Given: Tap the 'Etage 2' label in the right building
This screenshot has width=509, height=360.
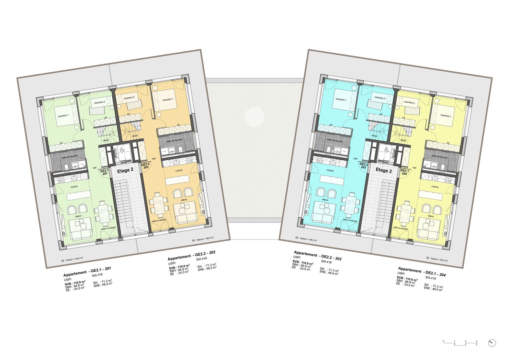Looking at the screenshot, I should click(x=383, y=170).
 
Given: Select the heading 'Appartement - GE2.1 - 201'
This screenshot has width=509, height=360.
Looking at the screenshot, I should click(x=87, y=272).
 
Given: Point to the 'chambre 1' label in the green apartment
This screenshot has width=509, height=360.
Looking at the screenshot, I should click(x=63, y=115).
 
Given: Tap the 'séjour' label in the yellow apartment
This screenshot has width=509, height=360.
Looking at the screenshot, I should click(x=431, y=216).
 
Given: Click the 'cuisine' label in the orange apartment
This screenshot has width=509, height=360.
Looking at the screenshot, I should click(x=179, y=170).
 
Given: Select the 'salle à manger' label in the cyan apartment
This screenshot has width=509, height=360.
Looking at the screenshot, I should click(x=350, y=220).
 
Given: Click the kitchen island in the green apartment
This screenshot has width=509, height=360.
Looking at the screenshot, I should click(x=79, y=196).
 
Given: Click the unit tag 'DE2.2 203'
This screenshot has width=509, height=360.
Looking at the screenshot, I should click(x=363, y=165).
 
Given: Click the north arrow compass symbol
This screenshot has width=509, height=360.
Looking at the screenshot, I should click(x=492, y=343).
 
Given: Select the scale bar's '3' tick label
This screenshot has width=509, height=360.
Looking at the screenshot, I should click(x=477, y=341).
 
